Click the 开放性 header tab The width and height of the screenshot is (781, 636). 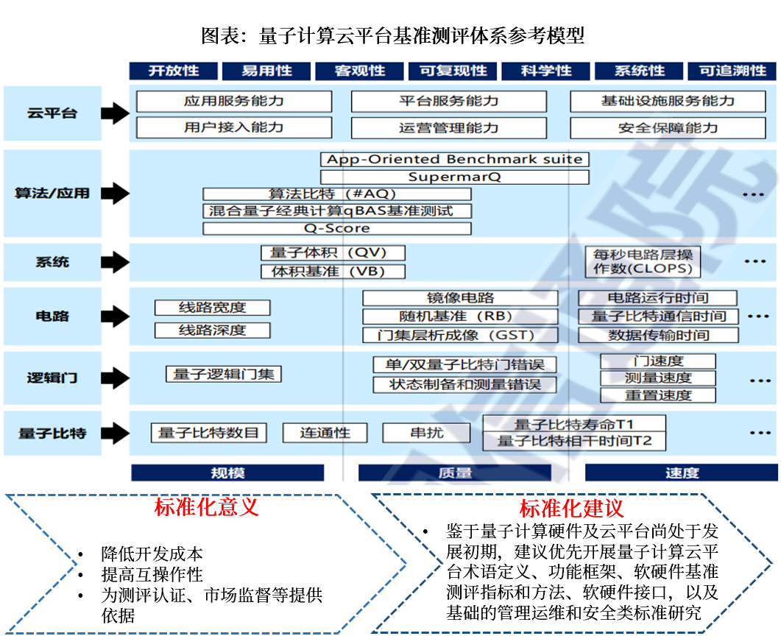[x=174, y=71]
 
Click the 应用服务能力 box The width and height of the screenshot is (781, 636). [x=234, y=101]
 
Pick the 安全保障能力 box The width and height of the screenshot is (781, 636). [x=668, y=127]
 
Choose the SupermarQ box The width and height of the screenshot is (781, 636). [x=454, y=177]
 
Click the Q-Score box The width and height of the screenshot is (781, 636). [x=336, y=228]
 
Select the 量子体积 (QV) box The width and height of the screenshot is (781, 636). [x=333, y=252]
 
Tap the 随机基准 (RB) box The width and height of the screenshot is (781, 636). [x=460, y=317]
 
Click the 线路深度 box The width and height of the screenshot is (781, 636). [x=212, y=330]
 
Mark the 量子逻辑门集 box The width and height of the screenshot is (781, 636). [x=223, y=374]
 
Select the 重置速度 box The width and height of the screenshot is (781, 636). [x=658, y=395]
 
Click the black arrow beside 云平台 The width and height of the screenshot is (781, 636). [x=115, y=113]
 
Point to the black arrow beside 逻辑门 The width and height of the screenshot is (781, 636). [x=115, y=378]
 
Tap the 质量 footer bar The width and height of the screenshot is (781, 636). [x=454, y=473]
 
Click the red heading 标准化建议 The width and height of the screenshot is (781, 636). [x=571, y=508]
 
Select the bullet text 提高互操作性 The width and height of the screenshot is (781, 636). [x=152, y=574]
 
